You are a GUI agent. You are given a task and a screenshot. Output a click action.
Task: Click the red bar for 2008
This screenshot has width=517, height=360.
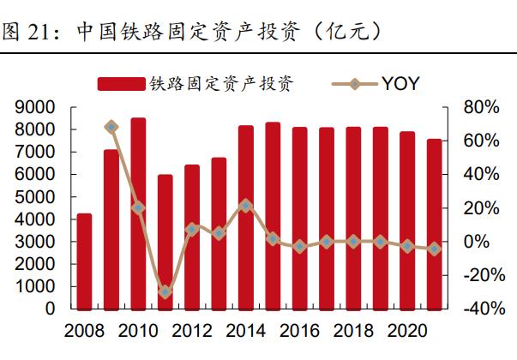(x=84, y=261)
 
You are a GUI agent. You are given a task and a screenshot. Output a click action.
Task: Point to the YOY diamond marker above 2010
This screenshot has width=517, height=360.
(x=138, y=208)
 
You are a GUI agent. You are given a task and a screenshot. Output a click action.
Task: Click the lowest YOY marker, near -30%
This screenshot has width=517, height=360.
(x=165, y=292)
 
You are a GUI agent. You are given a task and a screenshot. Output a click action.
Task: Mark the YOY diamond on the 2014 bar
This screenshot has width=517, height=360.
(x=245, y=206)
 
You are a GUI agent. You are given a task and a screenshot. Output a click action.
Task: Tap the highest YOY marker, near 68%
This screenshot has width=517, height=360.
(x=111, y=128)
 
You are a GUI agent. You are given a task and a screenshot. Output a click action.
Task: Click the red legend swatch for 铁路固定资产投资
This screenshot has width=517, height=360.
(x=121, y=83)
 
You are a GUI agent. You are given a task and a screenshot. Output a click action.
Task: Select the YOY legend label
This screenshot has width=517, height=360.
(x=400, y=83)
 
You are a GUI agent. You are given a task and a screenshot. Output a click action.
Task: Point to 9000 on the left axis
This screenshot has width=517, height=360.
(x=35, y=107)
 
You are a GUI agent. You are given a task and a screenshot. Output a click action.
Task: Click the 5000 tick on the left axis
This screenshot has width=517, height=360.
(x=35, y=196)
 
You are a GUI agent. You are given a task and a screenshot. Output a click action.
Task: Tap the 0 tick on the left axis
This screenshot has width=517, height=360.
(x=51, y=309)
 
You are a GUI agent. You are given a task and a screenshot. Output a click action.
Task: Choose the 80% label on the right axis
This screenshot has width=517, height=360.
(x=480, y=107)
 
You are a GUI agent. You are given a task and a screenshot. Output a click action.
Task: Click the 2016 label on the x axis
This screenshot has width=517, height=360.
(x=299, y=332)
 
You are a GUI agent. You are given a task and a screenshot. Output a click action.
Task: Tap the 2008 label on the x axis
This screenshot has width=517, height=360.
(x=84, y=332)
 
